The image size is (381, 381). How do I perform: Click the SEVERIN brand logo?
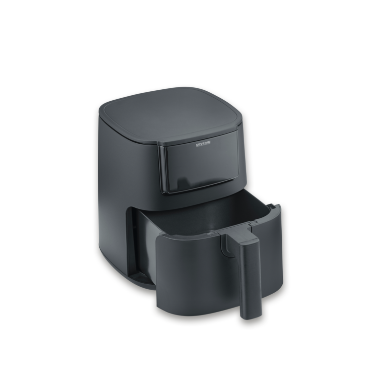203,145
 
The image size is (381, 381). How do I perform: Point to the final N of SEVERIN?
209,144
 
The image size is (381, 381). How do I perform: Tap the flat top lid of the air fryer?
170,115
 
